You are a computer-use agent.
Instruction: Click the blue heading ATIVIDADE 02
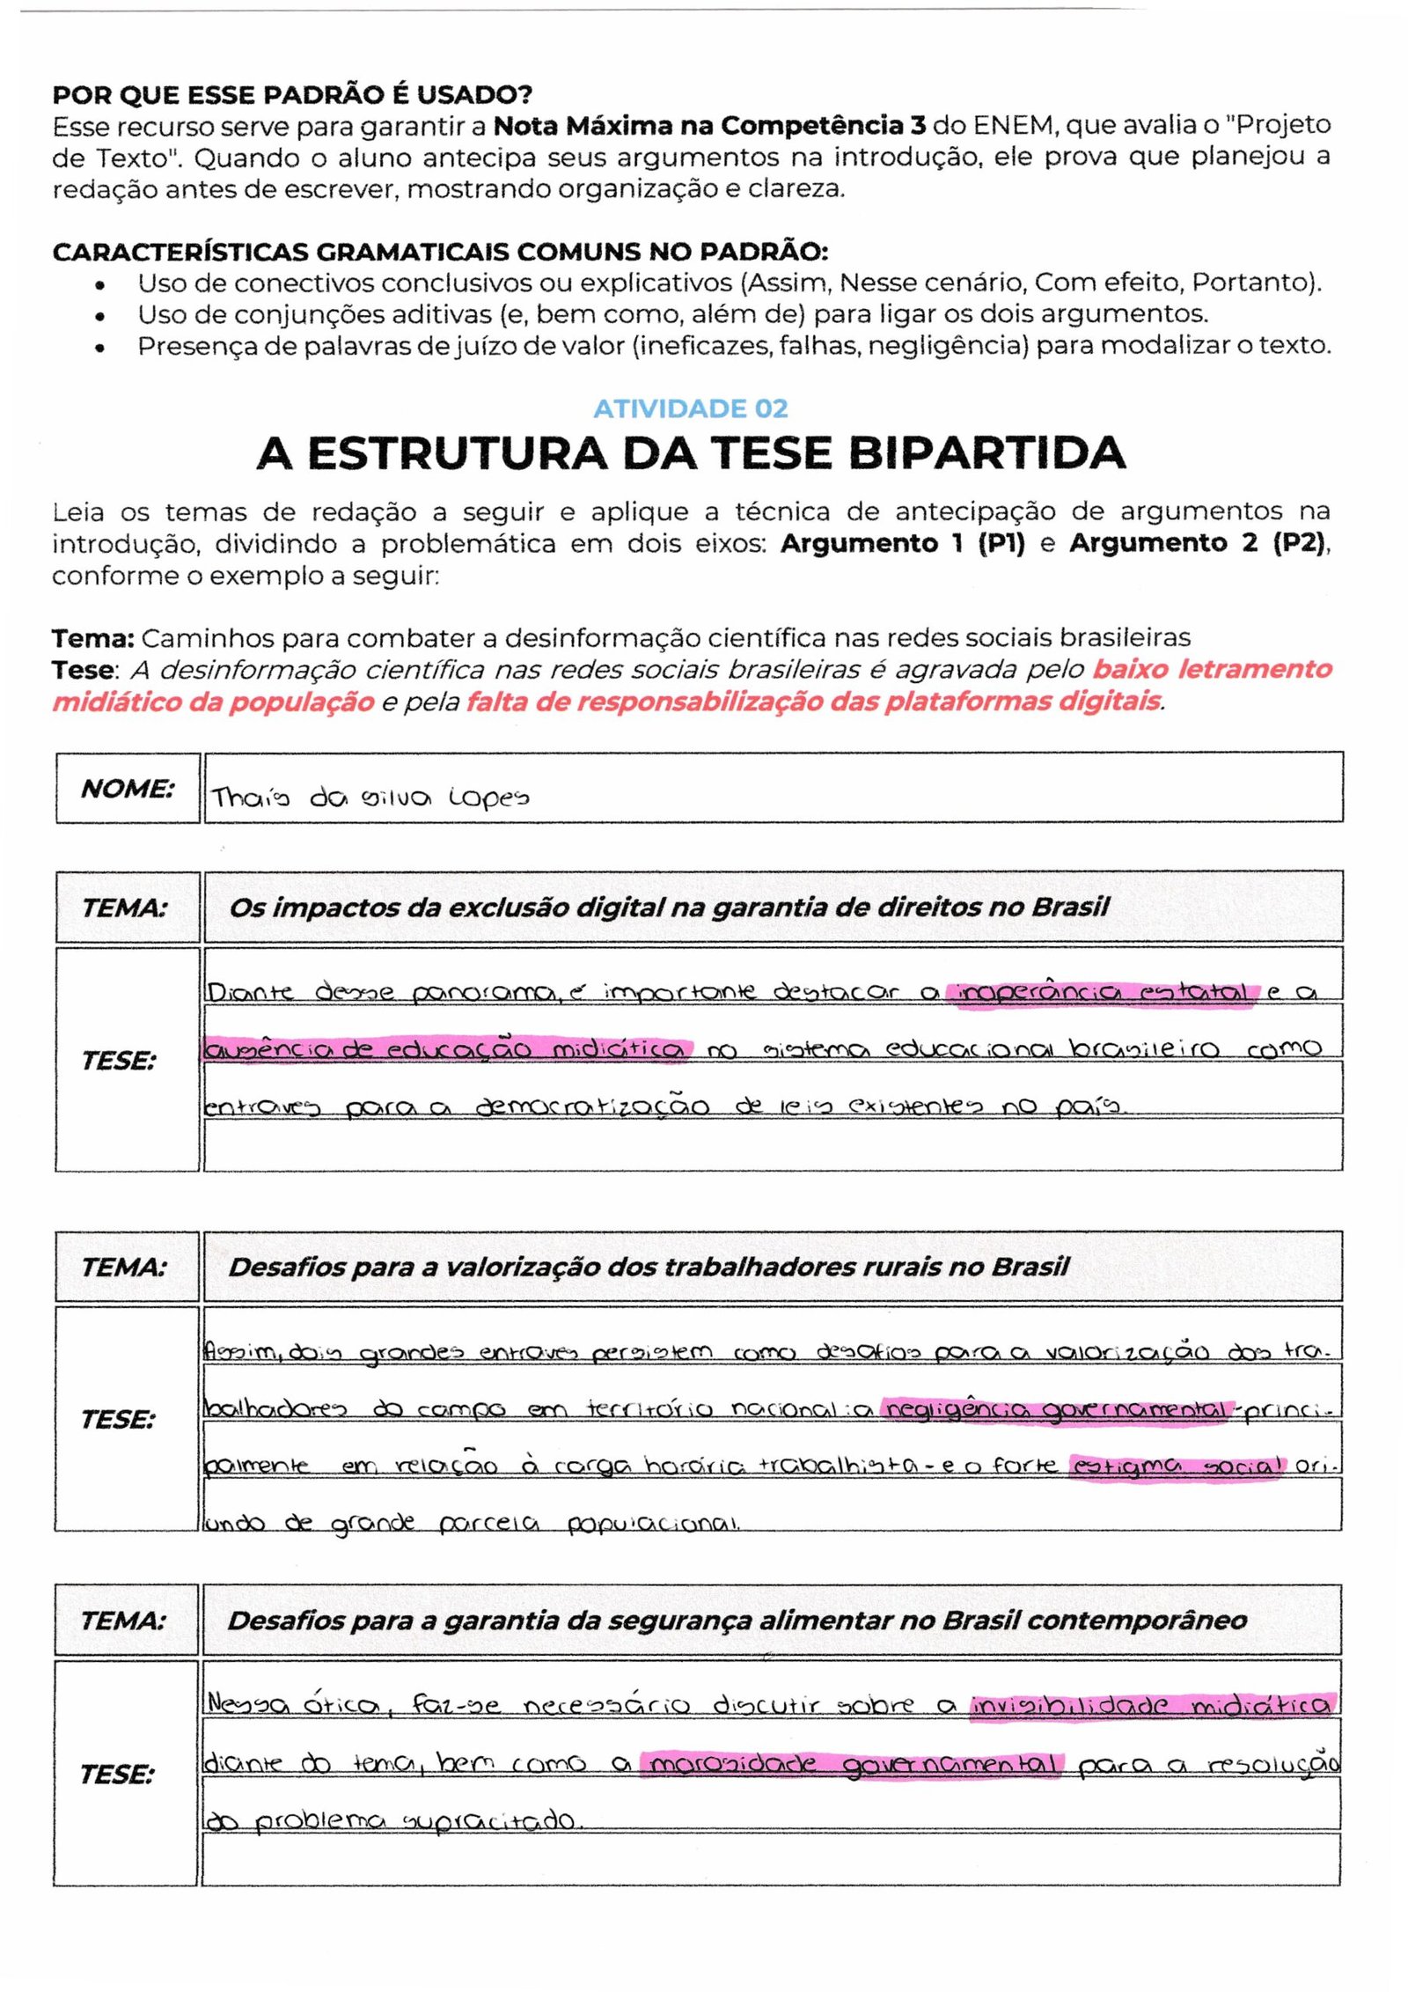(x=690, y=408)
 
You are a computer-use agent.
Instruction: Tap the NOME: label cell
(x=128, y=789)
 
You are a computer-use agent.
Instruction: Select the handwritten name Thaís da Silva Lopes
(x=370, y=798)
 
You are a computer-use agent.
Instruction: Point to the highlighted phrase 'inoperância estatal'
(x=1102, y=994)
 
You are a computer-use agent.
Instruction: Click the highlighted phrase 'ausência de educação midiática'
(x=446, y=1050)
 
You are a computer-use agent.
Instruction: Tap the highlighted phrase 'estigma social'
(x=1177, y=1466)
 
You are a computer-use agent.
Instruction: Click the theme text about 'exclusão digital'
(x=669, y=908)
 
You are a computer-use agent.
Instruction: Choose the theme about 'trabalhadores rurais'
(x=649, y=1267)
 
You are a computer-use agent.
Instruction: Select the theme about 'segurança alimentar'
(x=737, y=1621)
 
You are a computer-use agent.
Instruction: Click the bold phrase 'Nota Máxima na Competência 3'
(x=709, y=127)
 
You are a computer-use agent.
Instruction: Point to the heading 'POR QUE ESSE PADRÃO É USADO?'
(x=292, y=95)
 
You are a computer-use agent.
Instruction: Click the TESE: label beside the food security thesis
(x=117, y=1774)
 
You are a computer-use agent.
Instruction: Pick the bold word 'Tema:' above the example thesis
(x=92, y=638)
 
